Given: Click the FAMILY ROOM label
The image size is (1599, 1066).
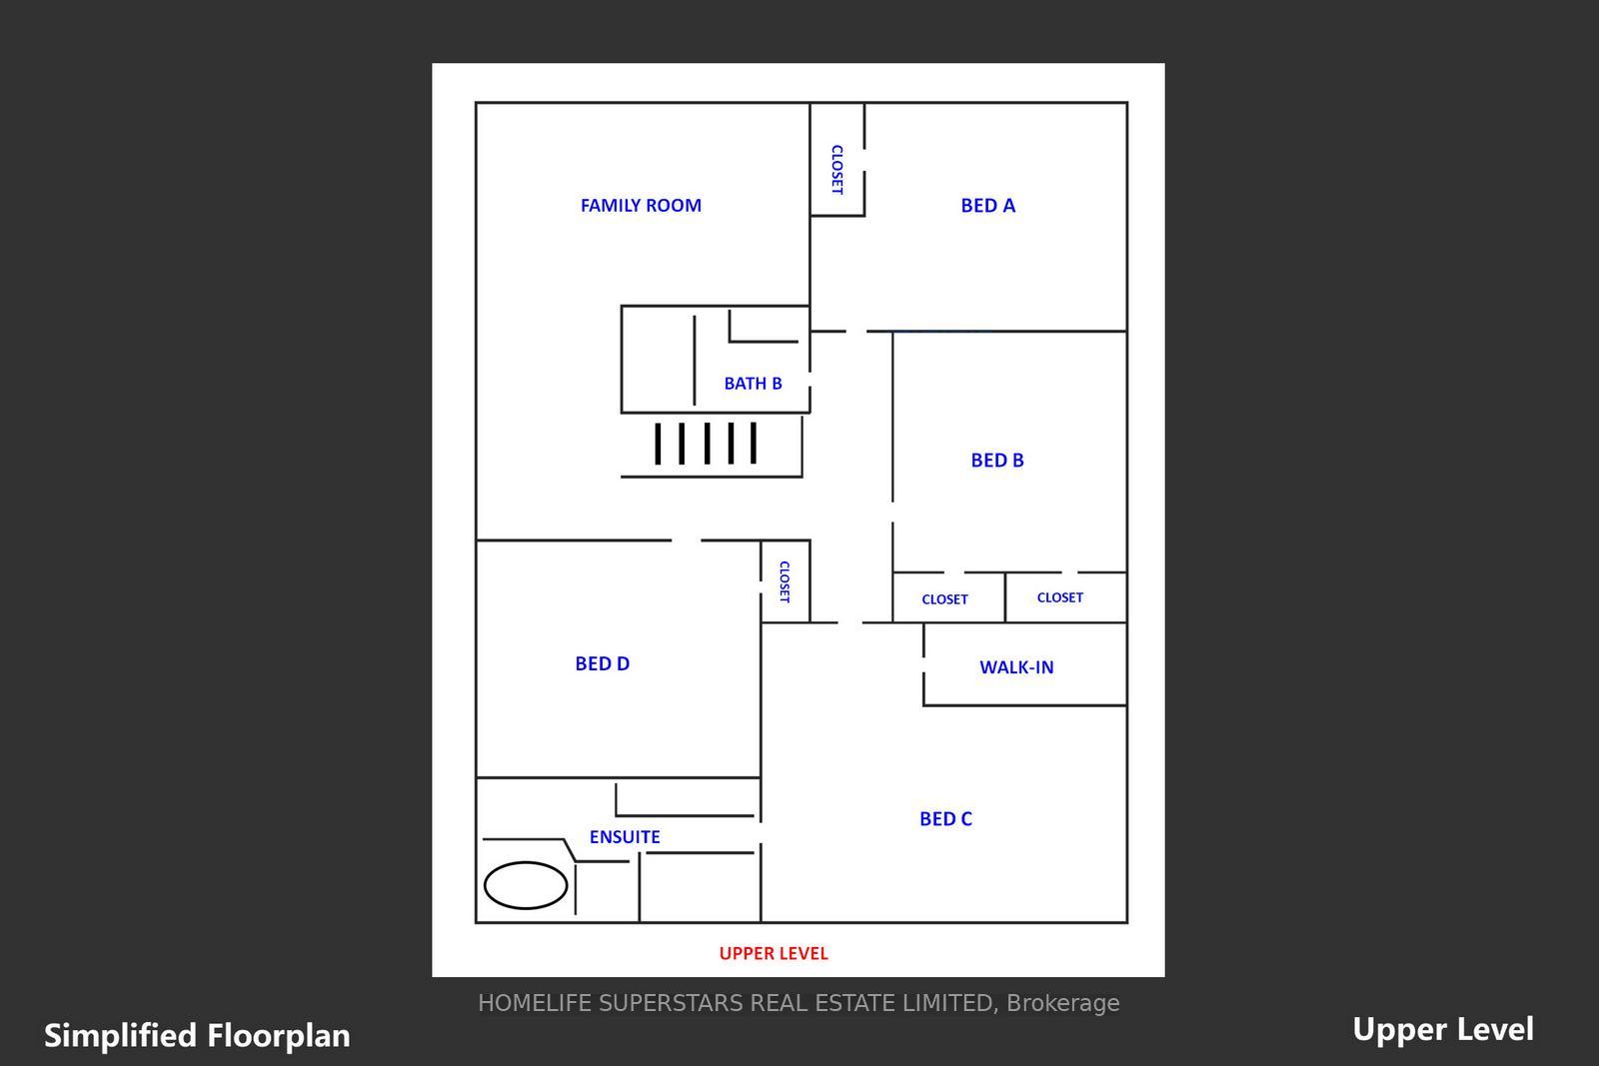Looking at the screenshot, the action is click(x=641, y=206).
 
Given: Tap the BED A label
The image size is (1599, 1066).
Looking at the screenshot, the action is click(x=987, y=206).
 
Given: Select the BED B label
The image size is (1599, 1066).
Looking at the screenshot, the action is click(x=996, y=461).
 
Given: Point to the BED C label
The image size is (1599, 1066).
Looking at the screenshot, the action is click(x=945, y=818).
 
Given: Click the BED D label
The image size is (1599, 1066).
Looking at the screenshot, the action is click(x=602, y=663).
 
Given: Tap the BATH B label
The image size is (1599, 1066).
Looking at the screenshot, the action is click(x=753, y=384).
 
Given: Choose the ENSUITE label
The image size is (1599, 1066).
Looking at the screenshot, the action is click(x=624, y=836).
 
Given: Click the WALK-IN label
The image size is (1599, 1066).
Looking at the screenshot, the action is click(x=1015, y=667).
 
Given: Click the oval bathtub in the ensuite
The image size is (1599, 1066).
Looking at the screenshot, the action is click(x=526, y=885).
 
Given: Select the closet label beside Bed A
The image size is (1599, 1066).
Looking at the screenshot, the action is click(x=837, y=169).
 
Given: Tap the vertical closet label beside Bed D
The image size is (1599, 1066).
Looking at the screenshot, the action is click(x=784, y=581).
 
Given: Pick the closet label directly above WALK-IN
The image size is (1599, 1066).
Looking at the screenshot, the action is click(x=1059, y=597).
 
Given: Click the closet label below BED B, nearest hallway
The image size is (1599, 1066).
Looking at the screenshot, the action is click(x=944, y=599).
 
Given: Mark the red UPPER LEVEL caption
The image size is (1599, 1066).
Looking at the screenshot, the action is click(x=774, y=953).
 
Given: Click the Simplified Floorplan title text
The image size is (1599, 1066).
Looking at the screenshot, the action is click(x=197, y=1036).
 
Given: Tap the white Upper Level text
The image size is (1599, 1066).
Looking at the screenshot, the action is click(x=1443, y=1029).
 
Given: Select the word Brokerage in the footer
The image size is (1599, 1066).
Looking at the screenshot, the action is click(x=1063, y=1003).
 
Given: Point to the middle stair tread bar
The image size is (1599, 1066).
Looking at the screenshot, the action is click(x=707, y=444).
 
